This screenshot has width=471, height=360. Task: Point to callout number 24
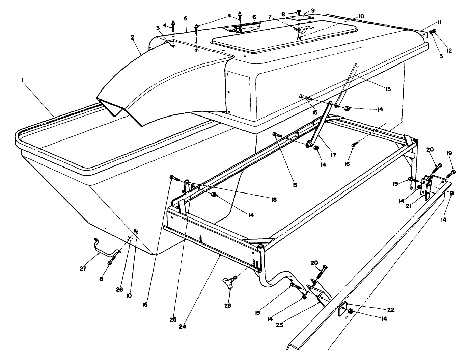[183, 326]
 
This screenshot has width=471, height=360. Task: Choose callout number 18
[274, 200]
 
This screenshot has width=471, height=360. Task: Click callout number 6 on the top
[254, 16]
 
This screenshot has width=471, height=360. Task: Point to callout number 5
[186, 18]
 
